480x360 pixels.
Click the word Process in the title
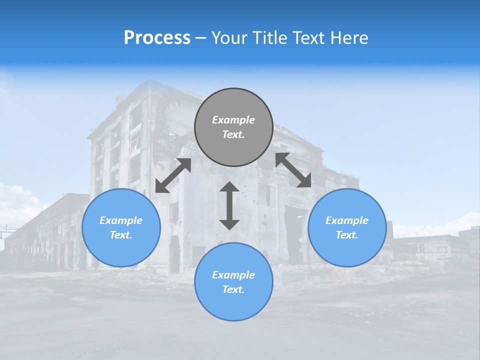[x=157, y=38]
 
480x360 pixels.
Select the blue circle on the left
[x=121, y=250]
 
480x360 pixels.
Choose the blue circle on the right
[x=347, y=250]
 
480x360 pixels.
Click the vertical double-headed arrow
[x=229, y=205]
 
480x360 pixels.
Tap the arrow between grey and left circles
[x=173, y=175]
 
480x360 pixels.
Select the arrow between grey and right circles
[x=293, y=170]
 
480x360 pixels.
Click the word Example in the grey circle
[x=233, y=120]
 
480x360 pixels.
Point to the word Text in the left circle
[x=121, y=235]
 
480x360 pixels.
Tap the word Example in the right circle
[x=347, y=220]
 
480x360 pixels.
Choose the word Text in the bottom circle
[x=233, y=289]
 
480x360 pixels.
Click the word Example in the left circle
[x=121, y=220]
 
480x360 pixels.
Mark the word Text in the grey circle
[x=233, y=134]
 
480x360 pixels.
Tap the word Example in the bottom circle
[x=233, y=275]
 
